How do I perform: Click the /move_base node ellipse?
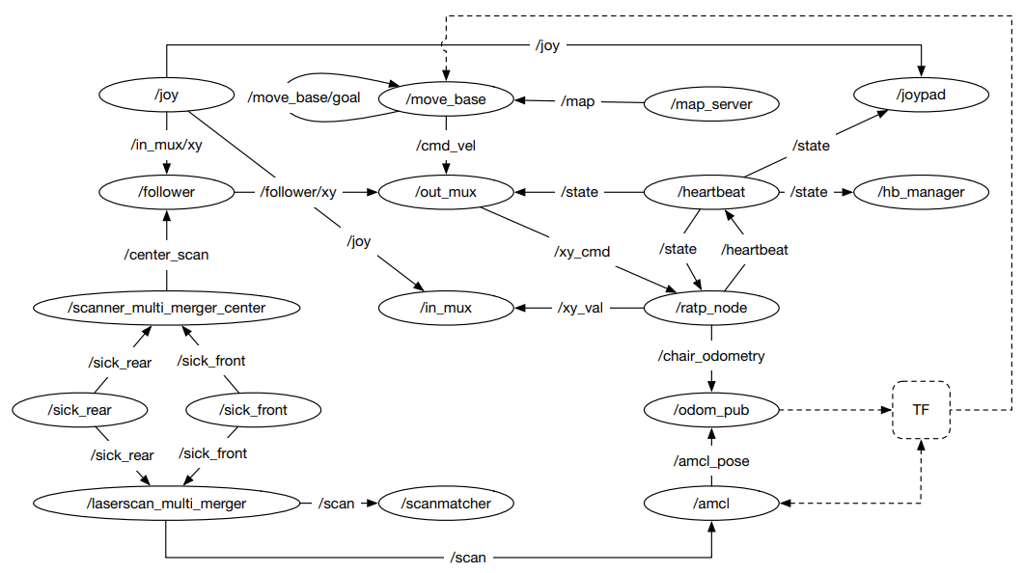point(445,99)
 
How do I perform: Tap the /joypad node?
point(921,95)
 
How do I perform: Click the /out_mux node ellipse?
point(445,192)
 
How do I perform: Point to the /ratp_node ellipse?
point(711,309)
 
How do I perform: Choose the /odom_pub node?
point(711,410)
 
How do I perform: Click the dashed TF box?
point(921,410)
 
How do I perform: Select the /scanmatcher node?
point(446,503)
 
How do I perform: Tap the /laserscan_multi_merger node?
point(167,503)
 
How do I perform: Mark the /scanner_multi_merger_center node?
point(167,309)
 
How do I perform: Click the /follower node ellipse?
point(167,192)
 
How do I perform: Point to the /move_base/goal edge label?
point(304,98)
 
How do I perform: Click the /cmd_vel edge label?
point(445,146)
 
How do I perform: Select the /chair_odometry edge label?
point(711,356)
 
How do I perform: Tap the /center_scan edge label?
point(166,255)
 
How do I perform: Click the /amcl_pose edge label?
point(711,461)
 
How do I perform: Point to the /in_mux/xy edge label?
point(166,145)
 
